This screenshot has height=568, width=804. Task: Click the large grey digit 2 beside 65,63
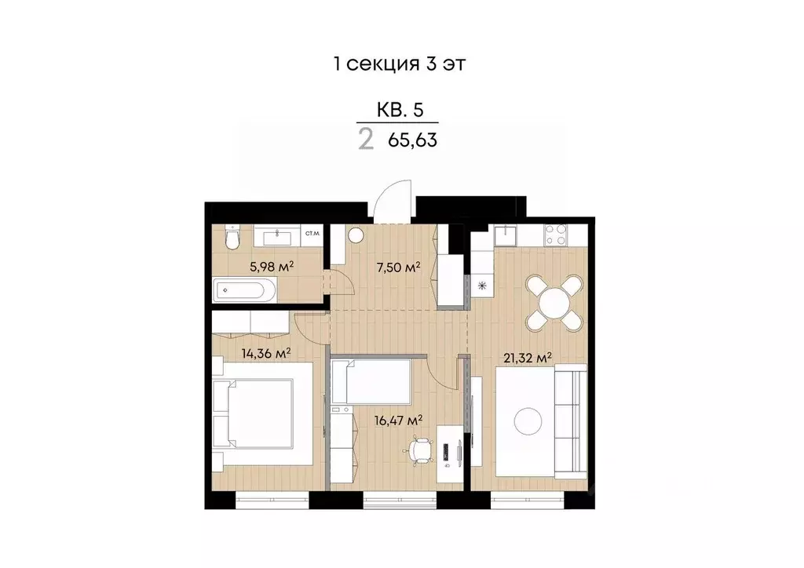pos(366,141)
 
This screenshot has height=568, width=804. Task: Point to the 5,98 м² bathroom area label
pos(272,266)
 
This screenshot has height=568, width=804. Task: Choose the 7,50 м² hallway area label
pos(398,267)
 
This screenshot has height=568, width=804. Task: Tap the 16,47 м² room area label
pos(400,420)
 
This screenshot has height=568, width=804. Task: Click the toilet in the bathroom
pos(230,238)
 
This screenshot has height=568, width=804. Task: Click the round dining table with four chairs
pos(554,301)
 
